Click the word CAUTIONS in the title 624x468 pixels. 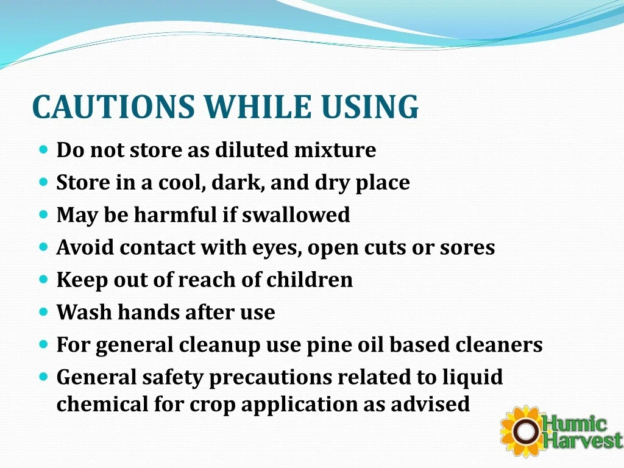[x=113, y=107]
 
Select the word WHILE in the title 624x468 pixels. [x=258, y=107]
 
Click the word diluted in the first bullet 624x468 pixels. [x=251, y=150]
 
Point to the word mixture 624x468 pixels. [x=335, y=150]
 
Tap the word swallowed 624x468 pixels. [x=296, y=215]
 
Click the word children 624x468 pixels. [x=309, y=280]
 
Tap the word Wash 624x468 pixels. [x=84, y=313]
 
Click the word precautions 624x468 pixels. [x=270, y=378]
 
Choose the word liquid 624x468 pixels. [x=473, y=377]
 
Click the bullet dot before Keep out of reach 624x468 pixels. [x=44, y=279]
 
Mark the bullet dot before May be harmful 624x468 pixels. [x=44, y=214]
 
